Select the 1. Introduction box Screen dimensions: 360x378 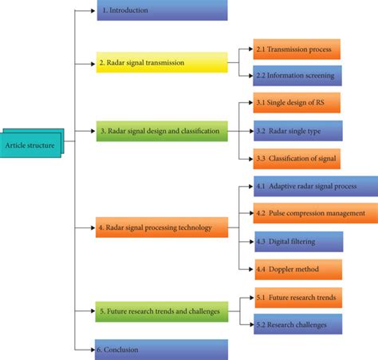163,10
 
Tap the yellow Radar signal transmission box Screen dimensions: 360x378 162,62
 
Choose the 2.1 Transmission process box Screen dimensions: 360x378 297,49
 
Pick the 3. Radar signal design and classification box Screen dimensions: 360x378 162,131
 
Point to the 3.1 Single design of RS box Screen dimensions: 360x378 297,103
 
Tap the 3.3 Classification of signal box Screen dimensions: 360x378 297,159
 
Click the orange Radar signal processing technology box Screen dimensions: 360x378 162,227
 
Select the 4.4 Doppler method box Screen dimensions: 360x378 297,269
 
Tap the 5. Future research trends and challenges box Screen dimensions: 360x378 163,311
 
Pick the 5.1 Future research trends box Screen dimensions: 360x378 297,298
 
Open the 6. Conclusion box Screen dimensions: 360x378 163,350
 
